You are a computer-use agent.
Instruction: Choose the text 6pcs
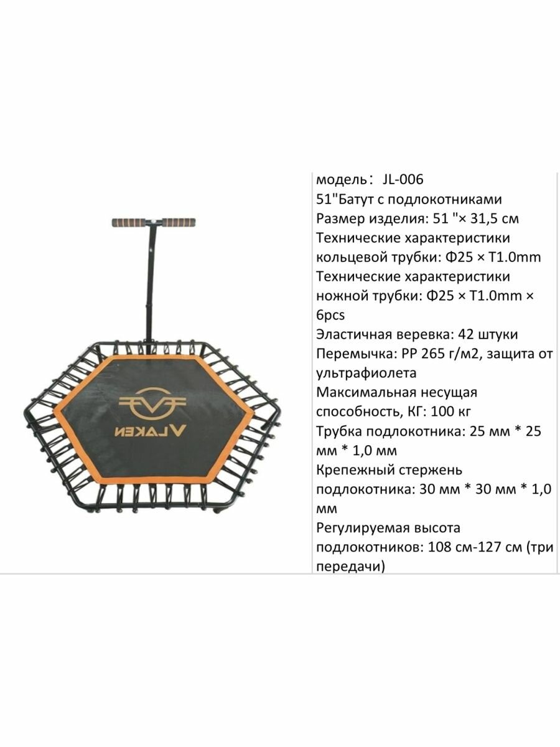[330, 315]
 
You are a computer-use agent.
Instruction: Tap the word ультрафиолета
[366, 373]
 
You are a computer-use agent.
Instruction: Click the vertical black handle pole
[150, 280]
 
